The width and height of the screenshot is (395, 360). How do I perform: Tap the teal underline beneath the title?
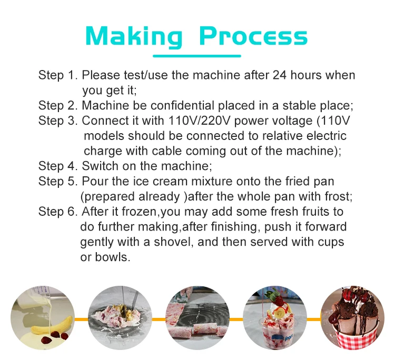197,56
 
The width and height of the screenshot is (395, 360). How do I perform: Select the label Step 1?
58,75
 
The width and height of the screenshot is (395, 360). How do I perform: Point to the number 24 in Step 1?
280,75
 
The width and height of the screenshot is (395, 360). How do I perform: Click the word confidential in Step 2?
182,105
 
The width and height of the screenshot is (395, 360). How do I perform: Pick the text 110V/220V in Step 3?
199,121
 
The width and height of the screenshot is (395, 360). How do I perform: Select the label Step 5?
58,181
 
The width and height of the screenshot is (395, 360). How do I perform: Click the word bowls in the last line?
112,257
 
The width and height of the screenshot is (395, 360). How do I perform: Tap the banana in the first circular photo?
52,325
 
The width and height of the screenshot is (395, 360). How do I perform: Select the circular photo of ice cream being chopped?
120,318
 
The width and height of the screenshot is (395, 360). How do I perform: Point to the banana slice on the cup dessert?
279,314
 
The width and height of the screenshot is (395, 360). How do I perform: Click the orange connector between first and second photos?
81,319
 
